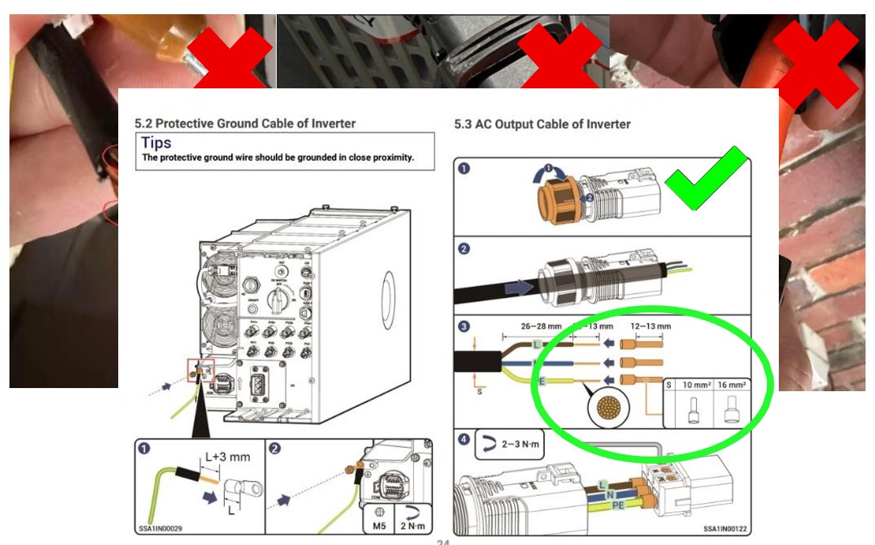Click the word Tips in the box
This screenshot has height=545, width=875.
tap(156, 143)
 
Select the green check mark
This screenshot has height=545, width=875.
tap(705, 181)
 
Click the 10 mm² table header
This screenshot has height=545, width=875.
tap(698, 386)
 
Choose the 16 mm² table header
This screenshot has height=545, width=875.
tap(733, 386)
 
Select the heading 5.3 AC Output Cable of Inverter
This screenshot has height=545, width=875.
tap(542, 124)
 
